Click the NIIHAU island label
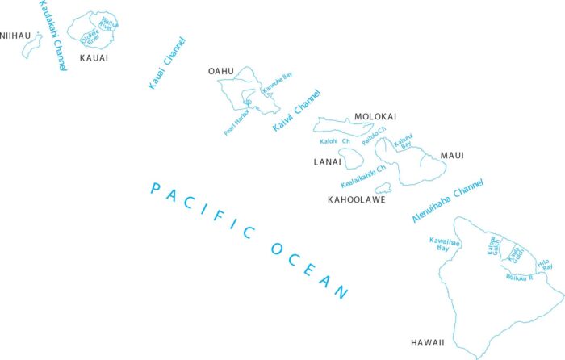coord(15,36)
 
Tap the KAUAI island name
coord(94,58)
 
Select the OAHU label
coord(220,72)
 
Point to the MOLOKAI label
coord(375,117)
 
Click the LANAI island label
coord(328,162)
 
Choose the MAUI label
coord(451,155)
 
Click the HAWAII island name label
coord(427,343)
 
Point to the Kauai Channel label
coord(167,62)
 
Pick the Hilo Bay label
coord(544,264)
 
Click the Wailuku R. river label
coord(520,277)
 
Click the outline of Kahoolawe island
coord(383,188)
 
